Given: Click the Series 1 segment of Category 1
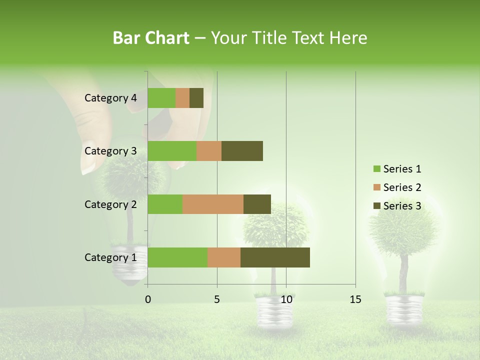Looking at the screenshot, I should [x=177, y=257].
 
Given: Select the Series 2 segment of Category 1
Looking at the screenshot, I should [x=224, y=257].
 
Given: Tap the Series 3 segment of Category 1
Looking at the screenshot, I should [x=275, y=257].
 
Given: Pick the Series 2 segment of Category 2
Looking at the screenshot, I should [x=213, y=204].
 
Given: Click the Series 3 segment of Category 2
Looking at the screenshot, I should [x=257, y=204].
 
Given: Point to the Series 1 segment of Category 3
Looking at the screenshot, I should [x=172, y=151].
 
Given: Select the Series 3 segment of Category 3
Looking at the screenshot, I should [x=242, y=151].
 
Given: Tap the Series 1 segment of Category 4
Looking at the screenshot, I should [x=161, y=98].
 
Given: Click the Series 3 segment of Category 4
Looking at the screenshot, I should [x=196, y=98].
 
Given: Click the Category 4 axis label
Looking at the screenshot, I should [x=110, y=98].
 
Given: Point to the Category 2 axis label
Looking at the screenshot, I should [x=110, y=204].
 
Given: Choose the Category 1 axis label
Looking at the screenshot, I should [x=110, y=257].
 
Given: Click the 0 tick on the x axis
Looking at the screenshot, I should [x=148, y=299].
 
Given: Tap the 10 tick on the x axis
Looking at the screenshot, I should [x=286, y=299].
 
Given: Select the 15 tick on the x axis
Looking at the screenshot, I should [x=355, y=299].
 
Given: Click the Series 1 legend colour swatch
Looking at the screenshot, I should [x=376, y=169].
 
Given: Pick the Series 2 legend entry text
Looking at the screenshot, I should [x=402, y=187].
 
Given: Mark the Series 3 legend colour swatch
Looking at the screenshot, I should [x=376, y=206].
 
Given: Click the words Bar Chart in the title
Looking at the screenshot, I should [x=151, y=38].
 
